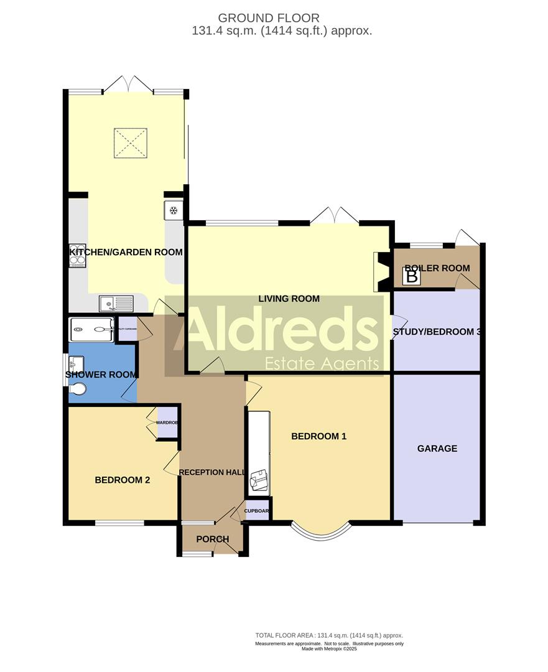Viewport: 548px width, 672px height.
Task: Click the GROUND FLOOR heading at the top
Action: coord(268,18)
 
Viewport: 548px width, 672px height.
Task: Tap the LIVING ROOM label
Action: coord(289,299)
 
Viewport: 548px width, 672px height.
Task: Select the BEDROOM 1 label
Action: coord(318,436)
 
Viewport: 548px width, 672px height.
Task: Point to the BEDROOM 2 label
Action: coord(122,480)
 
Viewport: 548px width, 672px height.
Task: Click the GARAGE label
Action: coord(437,448)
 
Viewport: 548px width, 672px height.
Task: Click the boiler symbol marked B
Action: coord(411,276)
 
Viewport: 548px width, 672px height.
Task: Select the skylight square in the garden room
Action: coord(131,144)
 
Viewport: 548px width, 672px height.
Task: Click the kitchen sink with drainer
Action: coord(116,304)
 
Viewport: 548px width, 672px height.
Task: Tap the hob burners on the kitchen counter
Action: coord(78,254)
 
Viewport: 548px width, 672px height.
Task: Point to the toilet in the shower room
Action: coord(78,389)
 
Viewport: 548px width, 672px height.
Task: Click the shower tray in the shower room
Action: coord(91,329)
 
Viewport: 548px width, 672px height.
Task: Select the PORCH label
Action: coord(212,539)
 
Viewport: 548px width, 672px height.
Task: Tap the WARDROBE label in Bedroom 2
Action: coord(167,422)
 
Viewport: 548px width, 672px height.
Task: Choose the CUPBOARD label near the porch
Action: coord(257,511)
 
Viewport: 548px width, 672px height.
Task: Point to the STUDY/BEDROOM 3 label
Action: coord(437,332)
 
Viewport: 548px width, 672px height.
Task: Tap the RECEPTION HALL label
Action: coord(211,472)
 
